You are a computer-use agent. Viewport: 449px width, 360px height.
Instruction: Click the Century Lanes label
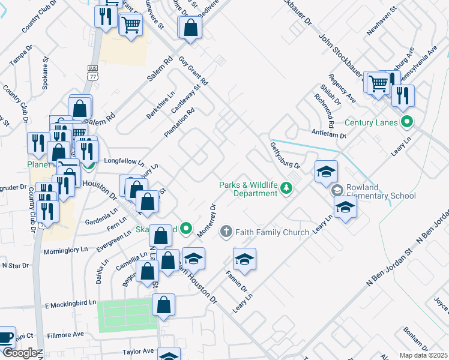[x=371, y=123]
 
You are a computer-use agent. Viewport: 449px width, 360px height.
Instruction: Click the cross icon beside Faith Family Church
[x=226, y=231]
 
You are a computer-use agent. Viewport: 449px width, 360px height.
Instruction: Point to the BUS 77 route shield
[x=92, y=73]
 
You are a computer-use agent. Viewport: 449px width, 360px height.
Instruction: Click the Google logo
[x=22, y=353]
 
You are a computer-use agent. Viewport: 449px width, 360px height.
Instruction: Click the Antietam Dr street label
[x=328, y=136]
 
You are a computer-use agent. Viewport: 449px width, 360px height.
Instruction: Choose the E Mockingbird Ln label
[x=71, y=305]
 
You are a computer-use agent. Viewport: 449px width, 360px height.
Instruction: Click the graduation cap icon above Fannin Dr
[x=245, y=259]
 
